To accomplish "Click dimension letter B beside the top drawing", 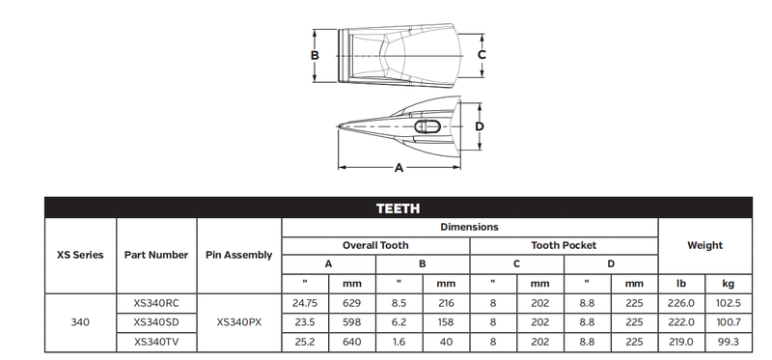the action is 315,55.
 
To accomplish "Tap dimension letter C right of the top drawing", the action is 482,55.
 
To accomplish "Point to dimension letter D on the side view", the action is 480,126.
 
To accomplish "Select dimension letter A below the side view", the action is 399,168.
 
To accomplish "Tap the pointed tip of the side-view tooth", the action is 338,126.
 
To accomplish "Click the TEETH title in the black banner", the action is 399,208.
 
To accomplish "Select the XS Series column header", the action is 80,255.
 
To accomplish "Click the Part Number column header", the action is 156,255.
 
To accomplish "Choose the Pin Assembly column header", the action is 238,255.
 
